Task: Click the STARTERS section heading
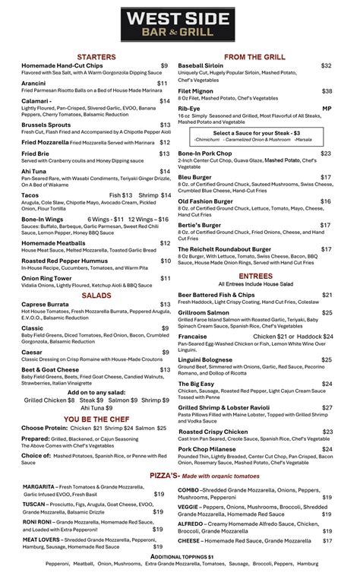click(96, 57)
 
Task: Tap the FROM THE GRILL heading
click(254, 57)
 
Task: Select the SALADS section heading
click(96, 294)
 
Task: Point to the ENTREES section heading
click(255, 276)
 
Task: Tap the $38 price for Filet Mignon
click(326, 91)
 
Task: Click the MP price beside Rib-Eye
click(327, 109)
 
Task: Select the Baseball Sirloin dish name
click(201, 66)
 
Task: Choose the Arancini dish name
click(33, 84)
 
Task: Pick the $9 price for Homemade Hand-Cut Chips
click(164, 66)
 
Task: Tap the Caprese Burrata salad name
click(48, 304)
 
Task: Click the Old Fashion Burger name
click(205, 201)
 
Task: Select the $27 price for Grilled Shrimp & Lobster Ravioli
click(326, 407)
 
